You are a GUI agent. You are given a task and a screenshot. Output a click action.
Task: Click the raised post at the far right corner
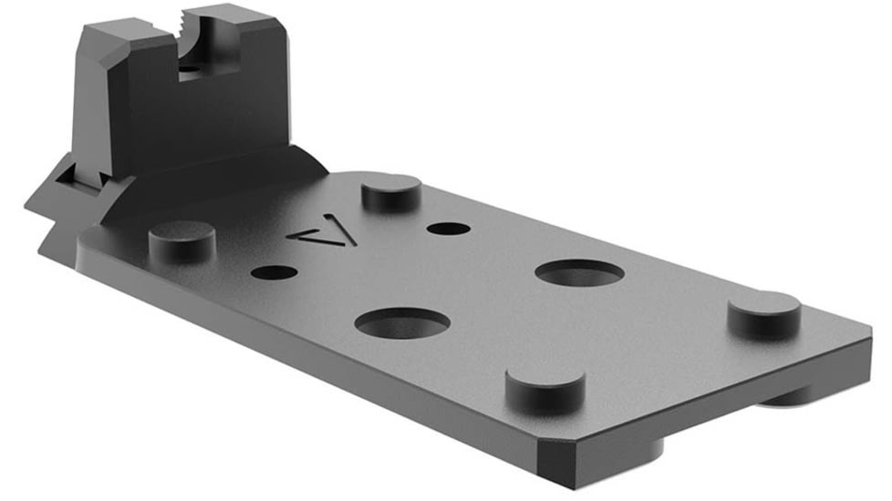[x=764, y=313]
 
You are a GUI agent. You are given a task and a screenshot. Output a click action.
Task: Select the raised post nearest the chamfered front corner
[x=545, y=389]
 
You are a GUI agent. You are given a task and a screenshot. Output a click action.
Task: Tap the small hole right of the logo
[x=448, y=228]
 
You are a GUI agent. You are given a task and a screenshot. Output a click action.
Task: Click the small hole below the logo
[x=273, y=271]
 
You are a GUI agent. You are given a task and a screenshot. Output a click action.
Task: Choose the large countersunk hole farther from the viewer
[x=579, y=271]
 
